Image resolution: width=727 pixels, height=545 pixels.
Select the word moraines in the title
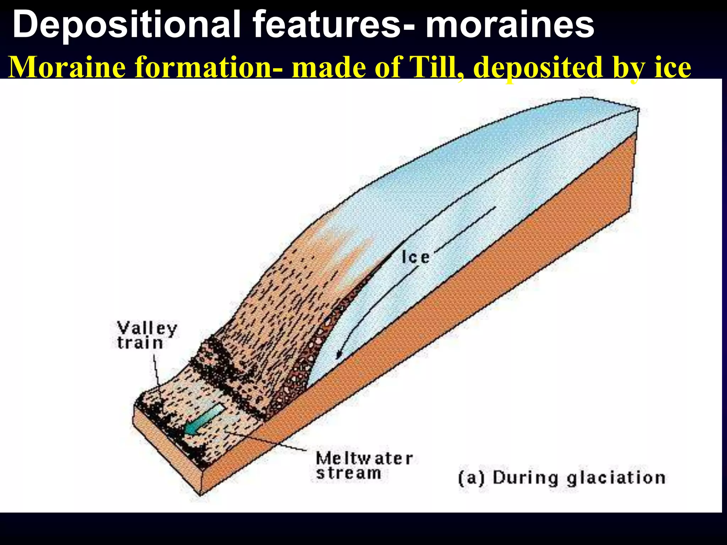(x=510, y=25)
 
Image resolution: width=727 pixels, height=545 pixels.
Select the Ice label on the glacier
(x=415, y=257)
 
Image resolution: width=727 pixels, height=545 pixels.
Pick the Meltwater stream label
(x=364, y=466)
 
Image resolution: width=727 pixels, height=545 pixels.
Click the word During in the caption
(x=525, y=478)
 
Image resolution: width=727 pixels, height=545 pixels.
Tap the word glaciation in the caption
(x=616, y=478)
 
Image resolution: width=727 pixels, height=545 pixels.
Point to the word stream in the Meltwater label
(x=349, y=473)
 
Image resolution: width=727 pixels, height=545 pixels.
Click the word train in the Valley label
(x=140, y=343)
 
